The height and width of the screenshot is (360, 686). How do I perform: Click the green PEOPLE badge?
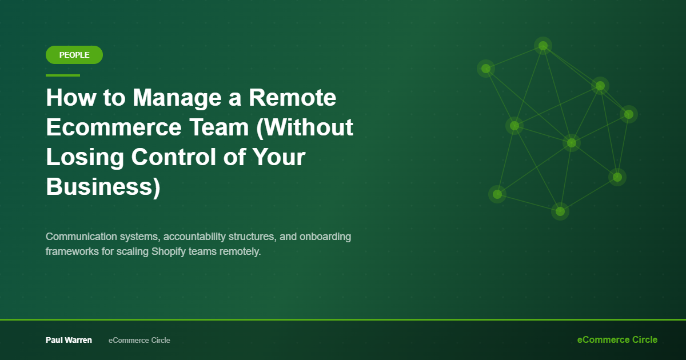(74, 55)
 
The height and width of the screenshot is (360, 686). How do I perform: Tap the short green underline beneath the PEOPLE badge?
(63, 75)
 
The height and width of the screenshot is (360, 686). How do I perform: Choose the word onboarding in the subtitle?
(325, 237)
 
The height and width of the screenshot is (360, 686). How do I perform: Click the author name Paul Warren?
(69, 340)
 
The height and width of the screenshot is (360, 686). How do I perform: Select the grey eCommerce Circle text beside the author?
(139, 340)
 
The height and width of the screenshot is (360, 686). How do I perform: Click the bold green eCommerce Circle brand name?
(617, 339)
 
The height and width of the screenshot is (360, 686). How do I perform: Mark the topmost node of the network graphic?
(543, 46)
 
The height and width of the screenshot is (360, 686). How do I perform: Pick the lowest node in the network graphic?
(560, 211)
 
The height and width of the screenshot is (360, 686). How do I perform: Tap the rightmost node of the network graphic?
(629, 114)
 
